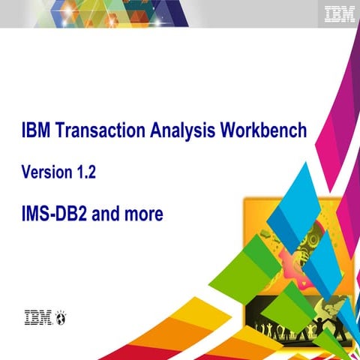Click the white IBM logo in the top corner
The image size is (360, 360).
340,13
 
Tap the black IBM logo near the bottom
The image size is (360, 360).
38,317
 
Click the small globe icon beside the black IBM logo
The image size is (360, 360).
61,318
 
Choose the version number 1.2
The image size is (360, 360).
85,172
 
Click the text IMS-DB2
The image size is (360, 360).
55,214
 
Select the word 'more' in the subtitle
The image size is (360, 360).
143,214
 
